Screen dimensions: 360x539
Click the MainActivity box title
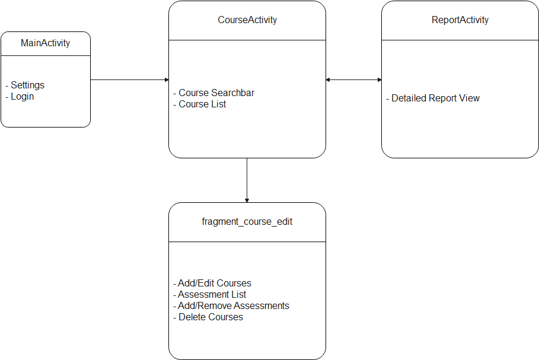tap(45, 43)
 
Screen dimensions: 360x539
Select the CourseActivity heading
tap(247, 20)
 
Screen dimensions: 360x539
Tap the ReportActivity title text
tap(460, 20)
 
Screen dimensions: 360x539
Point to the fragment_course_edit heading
tap(247, 222)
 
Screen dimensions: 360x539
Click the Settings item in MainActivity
tap(27, 85)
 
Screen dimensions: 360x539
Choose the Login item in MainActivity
tap(23, 97)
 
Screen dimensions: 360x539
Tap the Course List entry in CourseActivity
tap(202, 104)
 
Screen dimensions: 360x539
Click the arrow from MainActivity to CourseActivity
tap(129, 80)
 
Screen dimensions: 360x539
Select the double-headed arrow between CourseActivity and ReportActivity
tap(353, 80)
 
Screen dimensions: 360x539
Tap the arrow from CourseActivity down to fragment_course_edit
tap(247, 180)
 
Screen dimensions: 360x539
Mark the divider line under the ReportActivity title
tap(460, 40)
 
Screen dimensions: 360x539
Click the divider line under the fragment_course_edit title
tap(247, 242)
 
